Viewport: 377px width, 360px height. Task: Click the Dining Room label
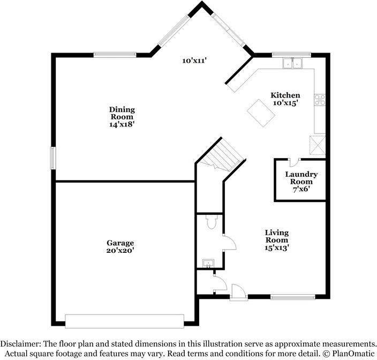[122, 113]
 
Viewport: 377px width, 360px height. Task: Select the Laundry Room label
[301, 178]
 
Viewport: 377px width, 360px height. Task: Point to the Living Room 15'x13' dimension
[277, 247]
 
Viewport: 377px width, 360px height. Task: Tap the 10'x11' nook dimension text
[194, 61]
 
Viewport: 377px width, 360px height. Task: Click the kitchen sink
[292, 63]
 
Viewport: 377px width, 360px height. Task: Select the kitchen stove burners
[320, 99]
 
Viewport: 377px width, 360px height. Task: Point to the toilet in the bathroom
[210, 222]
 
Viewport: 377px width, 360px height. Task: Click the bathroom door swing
[229, 243]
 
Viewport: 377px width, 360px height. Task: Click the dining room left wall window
[53, 159]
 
